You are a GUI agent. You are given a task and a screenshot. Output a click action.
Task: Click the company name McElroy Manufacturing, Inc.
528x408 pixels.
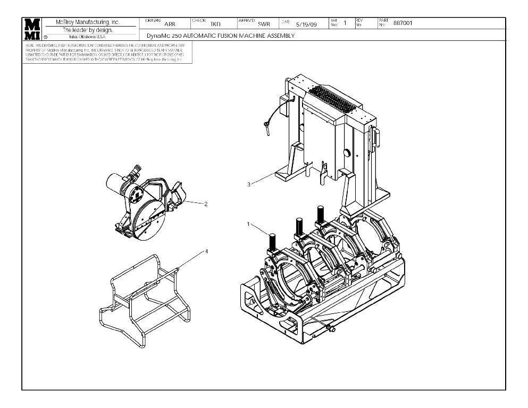(x=88, y=22)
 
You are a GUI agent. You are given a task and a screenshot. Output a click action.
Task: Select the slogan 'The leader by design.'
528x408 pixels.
(x=88, y=30)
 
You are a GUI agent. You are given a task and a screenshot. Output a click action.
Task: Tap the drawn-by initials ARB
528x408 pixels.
(x=170, y=24)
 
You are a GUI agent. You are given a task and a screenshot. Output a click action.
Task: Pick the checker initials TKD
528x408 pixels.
(x=215, y=24)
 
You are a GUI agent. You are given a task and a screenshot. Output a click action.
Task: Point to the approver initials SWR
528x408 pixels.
(x=264, y=24)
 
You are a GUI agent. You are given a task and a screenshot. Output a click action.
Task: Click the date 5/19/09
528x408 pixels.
(x=306, y=24)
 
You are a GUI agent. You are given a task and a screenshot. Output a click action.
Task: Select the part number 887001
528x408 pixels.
(x=403, y=23)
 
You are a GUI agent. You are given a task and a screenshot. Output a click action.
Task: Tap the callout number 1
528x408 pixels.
(x=248, y=224)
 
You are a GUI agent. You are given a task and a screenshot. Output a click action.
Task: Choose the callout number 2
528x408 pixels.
(x=205, y=203)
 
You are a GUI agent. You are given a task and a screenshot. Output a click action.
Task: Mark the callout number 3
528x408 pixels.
(x=248, y=184)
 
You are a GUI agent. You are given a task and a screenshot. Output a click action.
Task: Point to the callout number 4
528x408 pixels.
(x=206, y=252)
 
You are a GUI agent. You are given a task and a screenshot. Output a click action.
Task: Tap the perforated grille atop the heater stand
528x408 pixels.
(x=330, y=98)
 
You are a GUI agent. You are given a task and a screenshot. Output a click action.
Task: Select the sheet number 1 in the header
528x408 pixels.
(x=345, y=23)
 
